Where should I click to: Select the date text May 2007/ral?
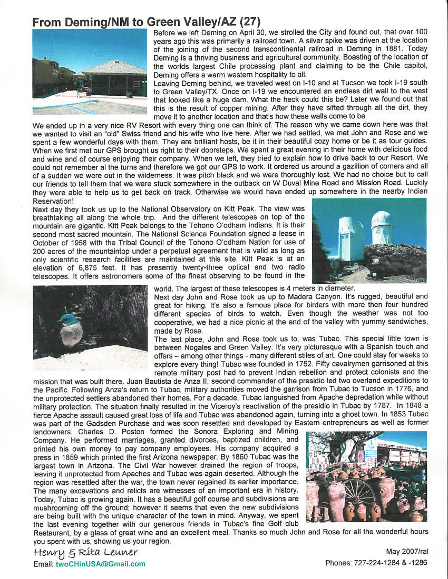point(407,552)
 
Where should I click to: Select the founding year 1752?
point(293,364)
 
